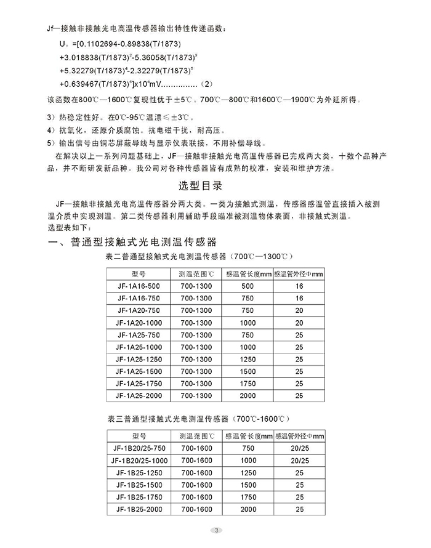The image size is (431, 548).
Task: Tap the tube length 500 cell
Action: pos(247,286)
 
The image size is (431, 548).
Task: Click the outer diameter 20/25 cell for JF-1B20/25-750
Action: pos(299,448)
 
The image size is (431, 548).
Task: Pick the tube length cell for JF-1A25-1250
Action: pos(247,359)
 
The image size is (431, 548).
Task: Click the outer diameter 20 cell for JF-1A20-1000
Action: pos(299,323)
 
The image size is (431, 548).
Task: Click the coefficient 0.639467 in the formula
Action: pos(84,83)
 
